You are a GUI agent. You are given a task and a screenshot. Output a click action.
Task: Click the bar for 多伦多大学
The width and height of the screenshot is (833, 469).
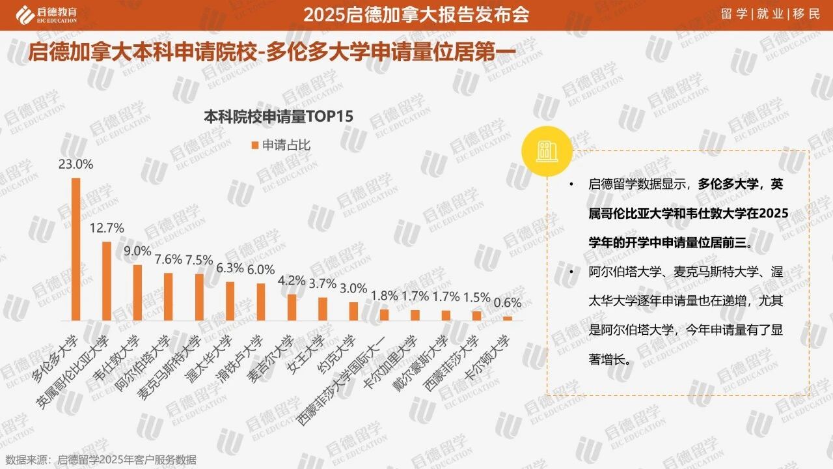pos(75,249)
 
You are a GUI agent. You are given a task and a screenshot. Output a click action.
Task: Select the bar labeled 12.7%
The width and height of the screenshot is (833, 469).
pos(107,281)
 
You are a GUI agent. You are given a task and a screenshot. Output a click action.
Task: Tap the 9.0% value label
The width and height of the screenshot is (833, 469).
pos(137,251)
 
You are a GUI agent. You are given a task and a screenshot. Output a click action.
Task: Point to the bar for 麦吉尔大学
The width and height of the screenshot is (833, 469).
pos(292,307)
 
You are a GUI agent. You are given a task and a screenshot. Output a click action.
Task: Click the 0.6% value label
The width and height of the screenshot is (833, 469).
pos(508,302)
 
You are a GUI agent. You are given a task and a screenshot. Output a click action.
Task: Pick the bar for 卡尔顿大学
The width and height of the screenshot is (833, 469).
pos(508,319)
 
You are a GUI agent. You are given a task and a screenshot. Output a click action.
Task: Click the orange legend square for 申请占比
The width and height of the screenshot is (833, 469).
pos(255,145)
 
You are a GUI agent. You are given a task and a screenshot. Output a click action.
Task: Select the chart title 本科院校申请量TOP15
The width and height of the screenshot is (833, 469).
pos(278,117)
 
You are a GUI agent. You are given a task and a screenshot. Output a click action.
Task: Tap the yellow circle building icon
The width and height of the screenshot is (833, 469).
pos(545,152)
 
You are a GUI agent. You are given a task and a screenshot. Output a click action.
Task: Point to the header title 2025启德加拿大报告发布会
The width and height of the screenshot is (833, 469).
pos(416,14)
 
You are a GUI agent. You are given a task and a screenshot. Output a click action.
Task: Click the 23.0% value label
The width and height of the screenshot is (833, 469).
pos(75,164)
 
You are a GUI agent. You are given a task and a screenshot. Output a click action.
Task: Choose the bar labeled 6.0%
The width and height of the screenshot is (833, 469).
pos(261,302)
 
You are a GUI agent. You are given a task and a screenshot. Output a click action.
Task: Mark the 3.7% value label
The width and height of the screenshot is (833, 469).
pos(323,283)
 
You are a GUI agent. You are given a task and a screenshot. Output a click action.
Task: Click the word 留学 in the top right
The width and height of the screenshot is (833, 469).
pos(735,14)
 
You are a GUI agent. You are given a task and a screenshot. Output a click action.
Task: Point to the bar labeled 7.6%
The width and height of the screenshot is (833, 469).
pos(169,296)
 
